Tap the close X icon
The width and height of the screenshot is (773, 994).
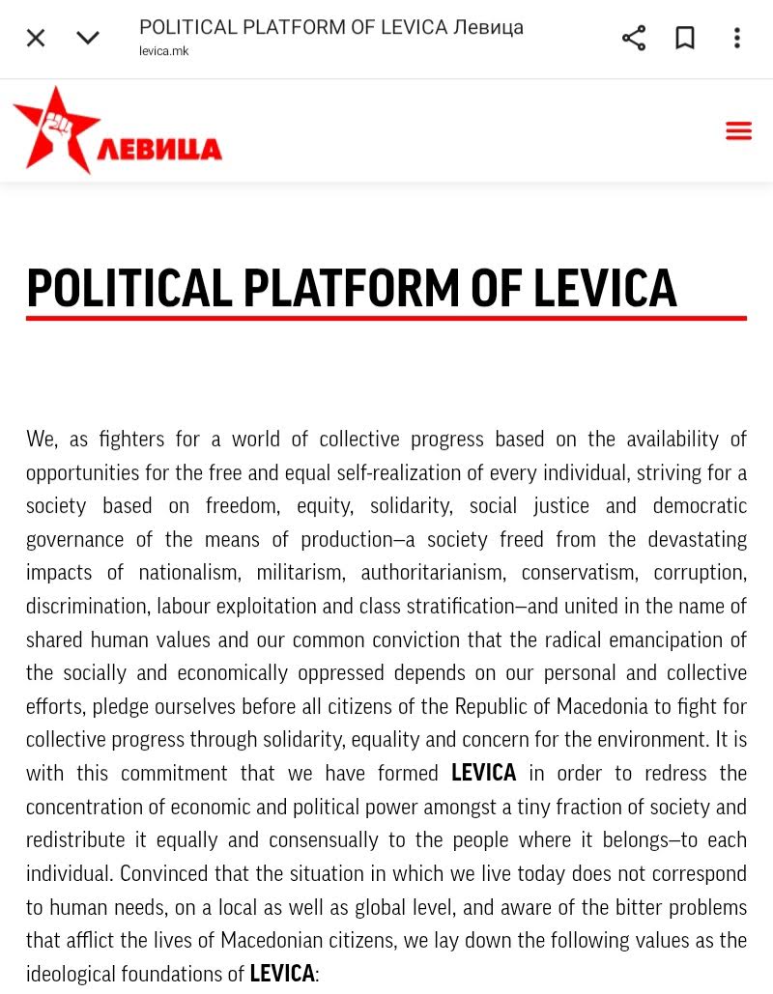coord(36,38)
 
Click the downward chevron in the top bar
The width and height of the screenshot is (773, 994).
coord(88,38)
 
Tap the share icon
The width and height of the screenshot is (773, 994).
coord(634,38)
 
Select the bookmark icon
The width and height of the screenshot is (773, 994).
coord(685,38)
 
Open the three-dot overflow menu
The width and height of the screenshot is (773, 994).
coord(737,38)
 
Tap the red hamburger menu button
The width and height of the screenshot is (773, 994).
coord(738,131)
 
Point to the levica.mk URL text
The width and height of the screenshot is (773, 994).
coord(164,51)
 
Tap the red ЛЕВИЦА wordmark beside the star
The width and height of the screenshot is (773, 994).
coord(160,150)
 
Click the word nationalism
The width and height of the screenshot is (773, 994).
coord(187,573)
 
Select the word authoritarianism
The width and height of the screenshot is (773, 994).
coord(432,573)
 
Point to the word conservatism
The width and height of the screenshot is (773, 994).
coord(578,573)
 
